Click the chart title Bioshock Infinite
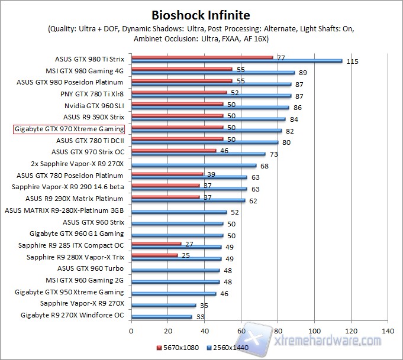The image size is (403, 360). (x=201, y=15)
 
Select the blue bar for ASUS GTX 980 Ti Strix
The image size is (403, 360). (x=237, y=61)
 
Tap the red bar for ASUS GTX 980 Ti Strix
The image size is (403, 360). (x=202, y=57)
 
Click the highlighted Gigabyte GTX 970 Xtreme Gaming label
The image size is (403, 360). (x=69, y=129)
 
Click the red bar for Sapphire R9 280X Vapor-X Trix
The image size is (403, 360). (x=154, y=255)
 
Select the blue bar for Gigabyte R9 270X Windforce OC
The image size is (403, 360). (x=162, y=317)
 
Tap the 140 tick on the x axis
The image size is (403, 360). (x=388, y=330)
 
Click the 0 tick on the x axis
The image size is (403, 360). (x=131, y=330)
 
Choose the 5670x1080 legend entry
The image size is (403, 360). (x=178, y=347)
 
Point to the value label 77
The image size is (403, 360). (x=281, y=57)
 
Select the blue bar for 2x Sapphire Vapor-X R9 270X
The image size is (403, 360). (x=194, y=166)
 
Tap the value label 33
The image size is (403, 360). (x=201, y=317)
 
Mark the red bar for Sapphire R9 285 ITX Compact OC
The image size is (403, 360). (x=156, y=244)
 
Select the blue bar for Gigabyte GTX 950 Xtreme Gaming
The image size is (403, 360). (x=173, y=293)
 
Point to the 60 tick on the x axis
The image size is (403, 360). (x=241, y=330)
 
